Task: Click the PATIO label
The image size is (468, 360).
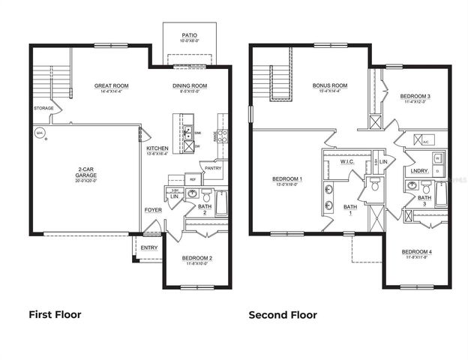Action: (x=189, y=35)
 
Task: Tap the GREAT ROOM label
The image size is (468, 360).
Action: (x=111, y=86)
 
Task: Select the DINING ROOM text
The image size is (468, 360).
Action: (x=189, y=86)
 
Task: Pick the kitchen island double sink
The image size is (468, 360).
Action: (x=189, y=133)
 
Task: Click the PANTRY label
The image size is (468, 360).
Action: (x=211, y=169)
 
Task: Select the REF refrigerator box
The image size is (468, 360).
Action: (x=193, y=179)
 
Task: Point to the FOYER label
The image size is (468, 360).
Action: (x=153, y=210)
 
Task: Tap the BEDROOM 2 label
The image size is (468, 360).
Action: (x=197, y=259)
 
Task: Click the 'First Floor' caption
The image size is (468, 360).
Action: (x=55, y=315)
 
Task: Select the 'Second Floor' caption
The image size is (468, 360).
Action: (x=283, y=315)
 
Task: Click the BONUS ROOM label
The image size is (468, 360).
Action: (x=330, y=85)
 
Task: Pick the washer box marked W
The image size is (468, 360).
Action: (x=437, y=157)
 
